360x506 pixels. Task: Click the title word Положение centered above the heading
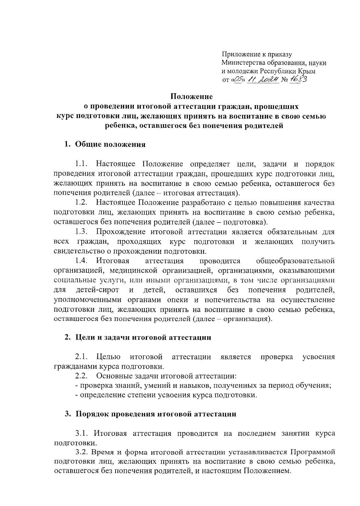[192, 97]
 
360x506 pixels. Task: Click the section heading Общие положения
[110, 145]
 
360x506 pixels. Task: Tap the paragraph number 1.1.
[81, 164]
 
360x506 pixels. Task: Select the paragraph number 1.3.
[81, 232]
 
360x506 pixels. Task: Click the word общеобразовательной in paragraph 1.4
[295, 261]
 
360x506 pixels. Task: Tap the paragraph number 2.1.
[81, 357]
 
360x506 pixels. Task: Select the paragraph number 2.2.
[81, 376]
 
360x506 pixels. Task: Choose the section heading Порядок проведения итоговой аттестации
[156, 414]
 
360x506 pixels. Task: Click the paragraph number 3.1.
[81, 434]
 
